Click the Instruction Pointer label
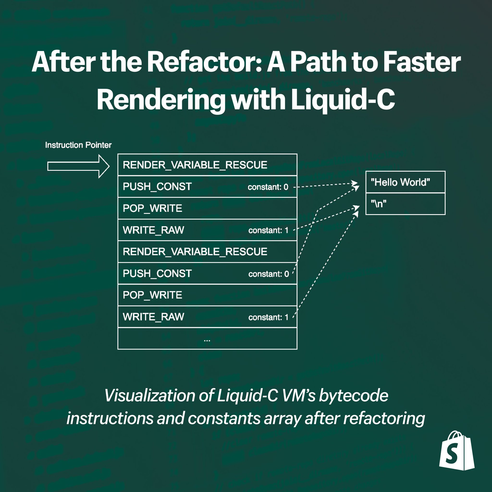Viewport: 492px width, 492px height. [x=78, y=145]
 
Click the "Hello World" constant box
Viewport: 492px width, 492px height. [x=405, y=182]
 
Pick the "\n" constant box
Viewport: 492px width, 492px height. [x=405, y=204]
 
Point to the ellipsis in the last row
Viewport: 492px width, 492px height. [x=207, y=339]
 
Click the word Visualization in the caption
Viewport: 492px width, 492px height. [x=149, y=395]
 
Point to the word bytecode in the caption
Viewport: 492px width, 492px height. [x=353, y=395]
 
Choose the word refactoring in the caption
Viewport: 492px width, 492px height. [x=384, y=418]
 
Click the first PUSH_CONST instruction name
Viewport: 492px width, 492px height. [x=157, y=187]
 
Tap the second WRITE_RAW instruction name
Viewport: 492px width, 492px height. [x=153, y=317]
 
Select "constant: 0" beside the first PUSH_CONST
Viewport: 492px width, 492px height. [x=268, y=187]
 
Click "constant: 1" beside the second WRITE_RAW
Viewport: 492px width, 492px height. [x=268, y=317]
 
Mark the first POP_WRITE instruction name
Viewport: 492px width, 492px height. [x=152, y=208]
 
